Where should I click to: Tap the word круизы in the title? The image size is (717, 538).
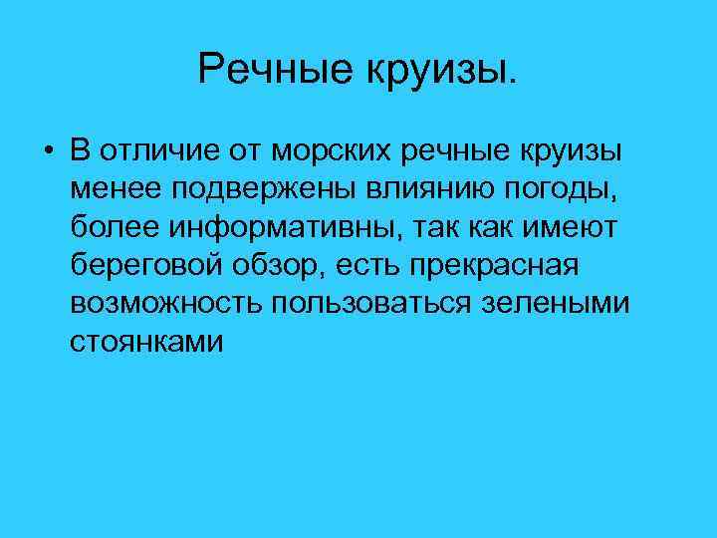coord(443,69)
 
